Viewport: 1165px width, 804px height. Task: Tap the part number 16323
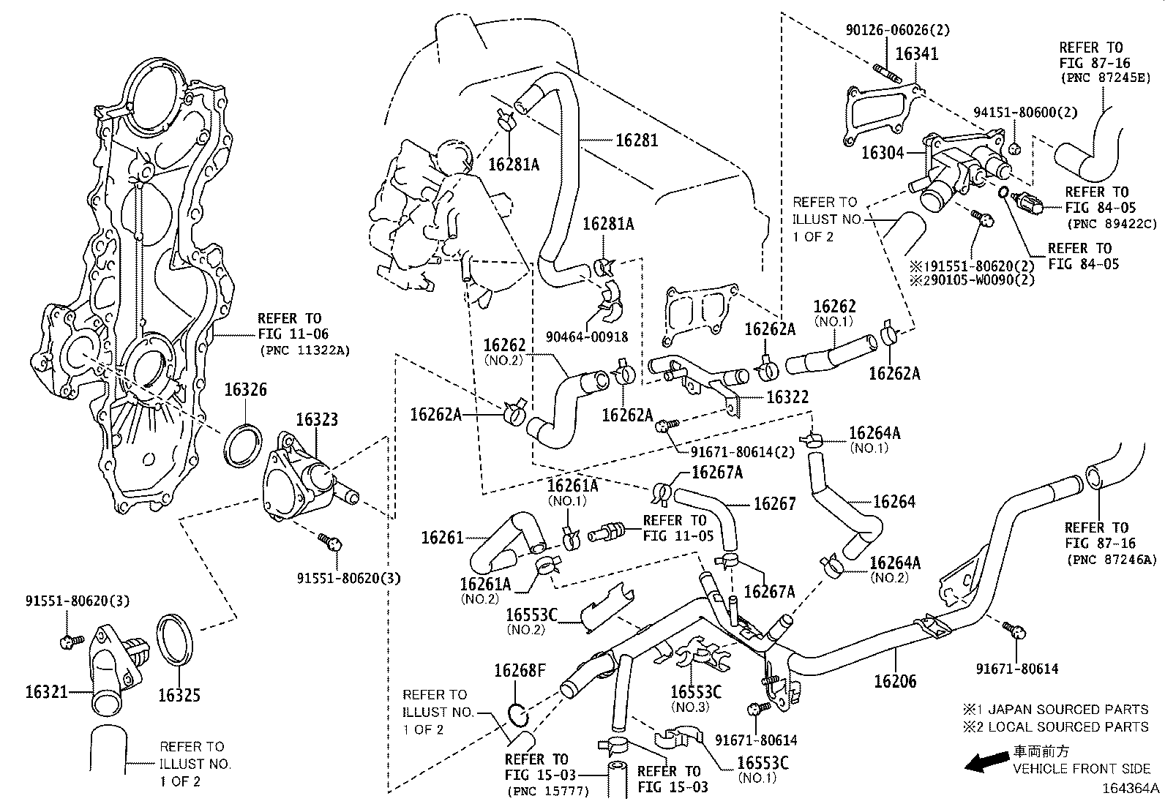pos(317,419)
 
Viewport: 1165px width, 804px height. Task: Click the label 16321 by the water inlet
pos(47,691)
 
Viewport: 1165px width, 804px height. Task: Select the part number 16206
pos(896,681)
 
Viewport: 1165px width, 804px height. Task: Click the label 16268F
pos(520,670)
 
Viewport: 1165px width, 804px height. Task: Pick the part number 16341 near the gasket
pos(916,54)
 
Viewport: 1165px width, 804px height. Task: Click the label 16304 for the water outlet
pos(883,152)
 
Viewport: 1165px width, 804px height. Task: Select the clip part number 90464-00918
pos(588,337)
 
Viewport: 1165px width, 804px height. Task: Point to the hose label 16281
pos(636,140)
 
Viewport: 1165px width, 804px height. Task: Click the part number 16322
pos(787,397)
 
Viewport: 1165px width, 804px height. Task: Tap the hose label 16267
pos(774,503)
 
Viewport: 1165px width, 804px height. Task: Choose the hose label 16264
pos(894,502)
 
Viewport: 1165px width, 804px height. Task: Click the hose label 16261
pos(442,538)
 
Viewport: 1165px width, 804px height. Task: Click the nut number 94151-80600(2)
pos(1025,112)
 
